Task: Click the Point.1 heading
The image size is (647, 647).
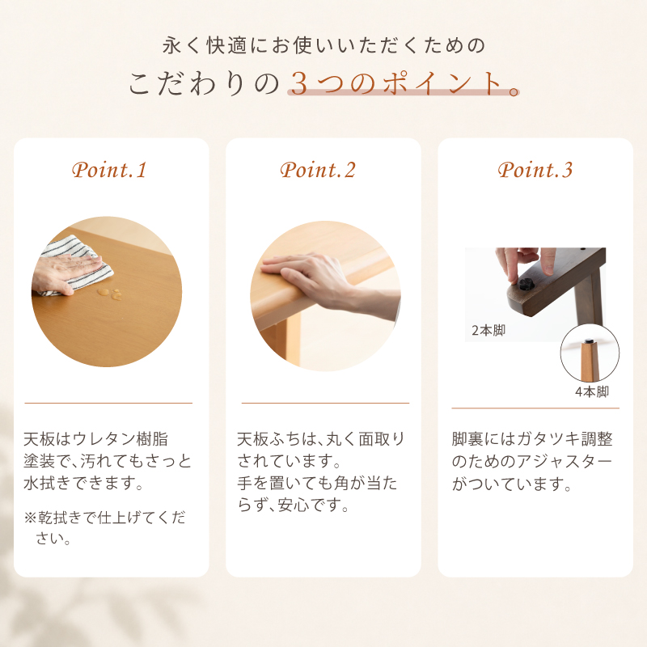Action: (109, 170)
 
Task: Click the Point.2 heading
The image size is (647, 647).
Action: (318, 170)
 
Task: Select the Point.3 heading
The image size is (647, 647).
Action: (535, 170)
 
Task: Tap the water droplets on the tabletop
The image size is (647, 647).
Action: (110, 294)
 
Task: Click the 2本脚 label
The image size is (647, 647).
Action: (488, 331)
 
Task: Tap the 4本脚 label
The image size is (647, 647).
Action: (592, 391)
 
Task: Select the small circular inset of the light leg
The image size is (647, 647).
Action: (590, 353)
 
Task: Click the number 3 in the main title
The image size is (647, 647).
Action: (299, 84)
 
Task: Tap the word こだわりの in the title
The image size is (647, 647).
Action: (204, 84)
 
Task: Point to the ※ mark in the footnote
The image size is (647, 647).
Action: (31, 518)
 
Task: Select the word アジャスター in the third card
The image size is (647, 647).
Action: (565, 461)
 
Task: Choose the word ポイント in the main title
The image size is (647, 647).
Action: (442, 84)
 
